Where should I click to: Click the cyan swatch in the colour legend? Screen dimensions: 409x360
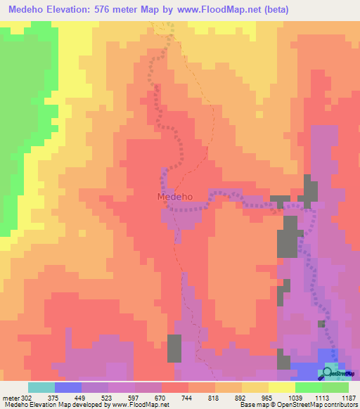click(41, 387)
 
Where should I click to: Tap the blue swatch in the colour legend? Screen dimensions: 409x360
click(68, 387)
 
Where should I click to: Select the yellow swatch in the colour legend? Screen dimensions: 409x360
click(281, 387)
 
